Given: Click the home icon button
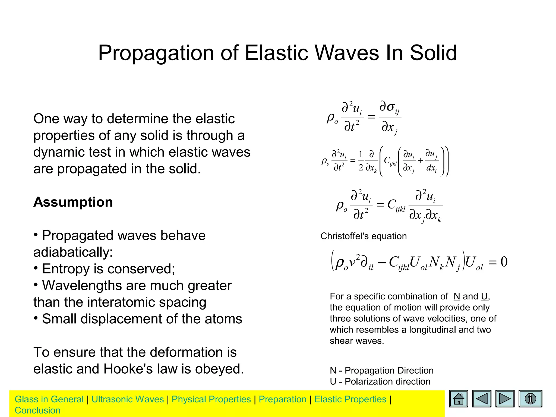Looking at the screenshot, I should point(459,399).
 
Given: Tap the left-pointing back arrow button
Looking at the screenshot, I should point(482,399).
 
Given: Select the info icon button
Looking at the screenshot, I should point(530,399).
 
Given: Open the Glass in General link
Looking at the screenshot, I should point(49,399).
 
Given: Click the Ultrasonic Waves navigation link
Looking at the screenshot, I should point(128,399).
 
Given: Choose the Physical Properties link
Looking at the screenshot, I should point(211,399).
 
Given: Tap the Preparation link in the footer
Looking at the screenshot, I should point(282,399).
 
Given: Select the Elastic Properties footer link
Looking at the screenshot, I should point(350,399).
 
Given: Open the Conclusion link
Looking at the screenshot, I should point(37,410).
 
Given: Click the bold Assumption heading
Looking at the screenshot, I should point(73,202).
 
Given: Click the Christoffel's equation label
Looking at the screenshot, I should point(364,236).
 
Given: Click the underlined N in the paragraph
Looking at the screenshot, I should point(457,296).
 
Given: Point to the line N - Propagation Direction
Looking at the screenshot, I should point(381,371).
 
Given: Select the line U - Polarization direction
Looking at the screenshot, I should point(380,382).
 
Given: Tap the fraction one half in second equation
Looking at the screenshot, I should point(361,161).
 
